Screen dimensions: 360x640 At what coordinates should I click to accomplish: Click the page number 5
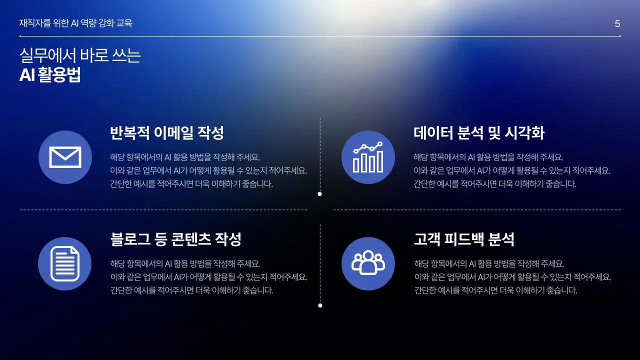point(617,24)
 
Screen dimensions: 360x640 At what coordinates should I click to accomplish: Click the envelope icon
point(65,157)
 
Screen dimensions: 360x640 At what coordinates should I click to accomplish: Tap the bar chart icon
point(368,157)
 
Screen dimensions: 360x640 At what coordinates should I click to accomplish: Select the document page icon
point(64,263)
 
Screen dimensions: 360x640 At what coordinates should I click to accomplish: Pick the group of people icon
point(368,263)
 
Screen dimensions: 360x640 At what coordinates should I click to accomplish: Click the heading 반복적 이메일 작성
point(166,133)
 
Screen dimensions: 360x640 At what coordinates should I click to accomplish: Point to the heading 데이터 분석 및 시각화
point(478,133)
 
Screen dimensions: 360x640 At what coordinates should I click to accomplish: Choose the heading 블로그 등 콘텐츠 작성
point(175,239)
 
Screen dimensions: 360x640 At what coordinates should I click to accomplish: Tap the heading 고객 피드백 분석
point(463,239)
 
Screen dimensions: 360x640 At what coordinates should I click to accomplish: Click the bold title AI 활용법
point(50,74)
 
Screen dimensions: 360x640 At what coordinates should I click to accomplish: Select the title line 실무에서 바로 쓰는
point(80,55)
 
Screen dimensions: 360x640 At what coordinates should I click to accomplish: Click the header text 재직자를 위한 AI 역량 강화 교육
point(75,23)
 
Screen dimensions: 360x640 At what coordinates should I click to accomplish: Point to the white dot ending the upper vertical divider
point(320,194)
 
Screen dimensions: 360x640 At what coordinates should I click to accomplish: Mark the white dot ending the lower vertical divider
point(320,305)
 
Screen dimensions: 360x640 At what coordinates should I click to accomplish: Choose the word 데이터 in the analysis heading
point(433,133)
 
